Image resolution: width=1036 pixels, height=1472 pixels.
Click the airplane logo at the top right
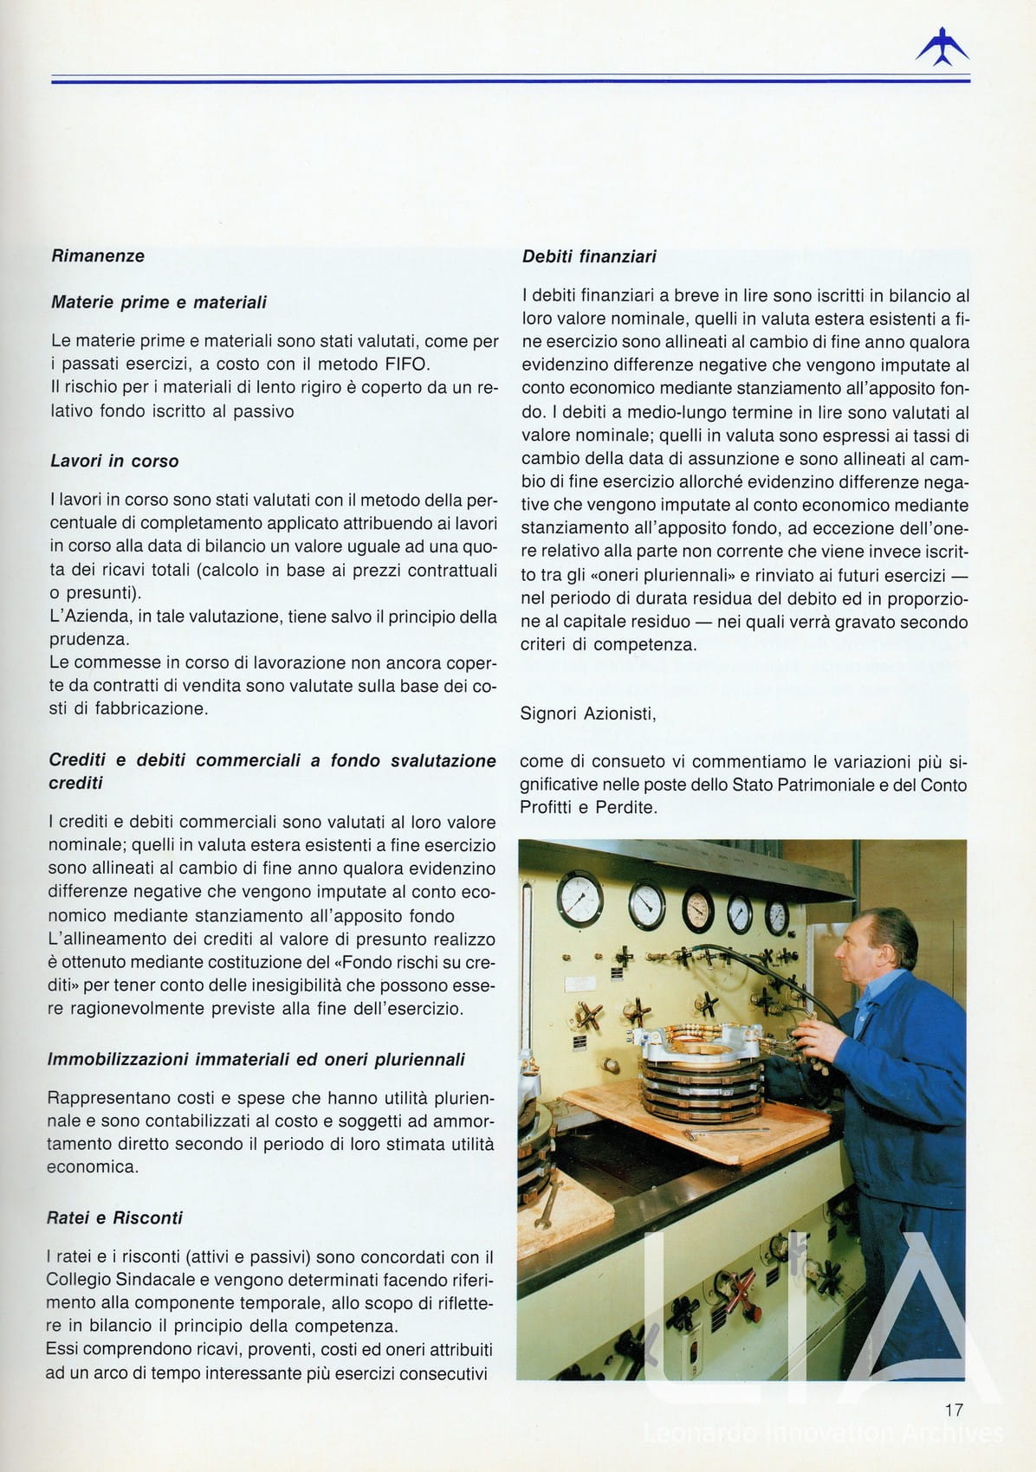click(x=942, y=47)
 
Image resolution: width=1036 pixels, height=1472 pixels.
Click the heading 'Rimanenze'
click(x=98, y=256)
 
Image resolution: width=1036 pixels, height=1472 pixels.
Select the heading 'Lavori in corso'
click(x=114, y=462)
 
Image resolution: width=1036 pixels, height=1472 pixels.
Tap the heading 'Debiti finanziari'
click(x=589, y=257)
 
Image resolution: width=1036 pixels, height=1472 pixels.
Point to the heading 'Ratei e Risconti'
click(x=114, y=1218)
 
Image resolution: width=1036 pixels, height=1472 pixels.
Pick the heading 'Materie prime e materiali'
click(x=159, y=303)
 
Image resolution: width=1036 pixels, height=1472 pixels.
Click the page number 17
click(x=954, y=1410)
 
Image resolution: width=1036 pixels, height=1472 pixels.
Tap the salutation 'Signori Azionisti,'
click(x=588, y=714)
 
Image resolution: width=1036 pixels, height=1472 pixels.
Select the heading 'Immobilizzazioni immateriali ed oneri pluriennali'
click(x=256, y=1060)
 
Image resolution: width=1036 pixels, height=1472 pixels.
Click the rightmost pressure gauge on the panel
click(x=777, y=914)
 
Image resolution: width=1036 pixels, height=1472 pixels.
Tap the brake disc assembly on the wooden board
click(x=702, y=1066)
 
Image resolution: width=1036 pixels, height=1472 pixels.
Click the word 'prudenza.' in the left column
click(x=88, y=640)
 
